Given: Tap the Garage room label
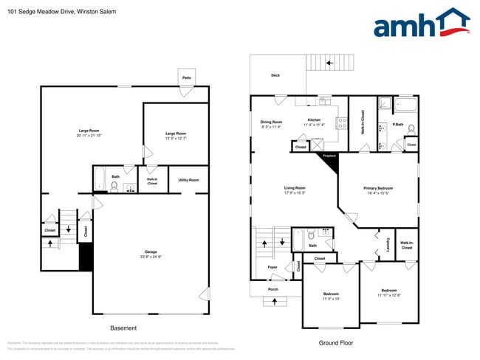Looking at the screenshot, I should tap(151, 252).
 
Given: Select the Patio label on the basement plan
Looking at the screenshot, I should tap(187, 77).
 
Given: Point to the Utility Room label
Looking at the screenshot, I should tap(188, 180).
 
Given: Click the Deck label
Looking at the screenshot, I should tap(275, 75).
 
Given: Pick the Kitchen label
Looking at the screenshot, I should tap(314, 120).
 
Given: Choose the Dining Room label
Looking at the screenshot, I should tap(271, 122).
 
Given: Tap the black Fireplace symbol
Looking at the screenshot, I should tap(329, 161).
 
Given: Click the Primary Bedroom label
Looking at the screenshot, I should tap(378, 188).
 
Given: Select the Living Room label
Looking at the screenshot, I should tap(295, 188).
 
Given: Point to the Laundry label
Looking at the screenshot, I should tap(388, 243).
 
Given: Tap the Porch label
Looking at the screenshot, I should tap(273, 289).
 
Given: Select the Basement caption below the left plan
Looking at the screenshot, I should tap(123, 328).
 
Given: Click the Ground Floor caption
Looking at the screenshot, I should tap(335, 342).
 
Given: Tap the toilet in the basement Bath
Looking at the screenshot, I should tap(114, 186).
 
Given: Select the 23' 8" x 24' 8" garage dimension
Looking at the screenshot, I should tap(151, 257).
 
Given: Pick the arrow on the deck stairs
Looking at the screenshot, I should tap(330, 63).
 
